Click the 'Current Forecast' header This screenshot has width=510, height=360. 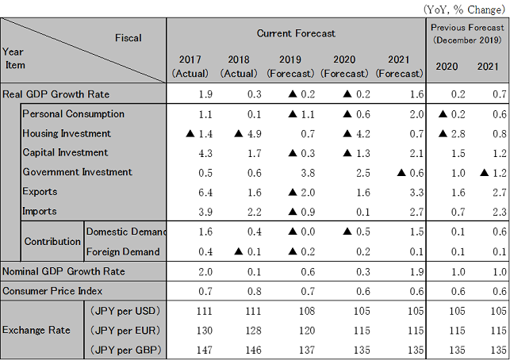coord(296,33)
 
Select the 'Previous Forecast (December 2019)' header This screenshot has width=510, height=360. coord(466,33)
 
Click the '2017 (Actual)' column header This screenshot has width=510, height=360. coord(190,67)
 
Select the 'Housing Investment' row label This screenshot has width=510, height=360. coord(67,133)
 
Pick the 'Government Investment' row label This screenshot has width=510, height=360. coord(77,172)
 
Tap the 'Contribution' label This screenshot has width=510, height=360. coord(51,241)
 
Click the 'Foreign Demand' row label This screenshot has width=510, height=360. coord(122,251)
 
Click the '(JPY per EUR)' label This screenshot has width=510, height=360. coord(123,328)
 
